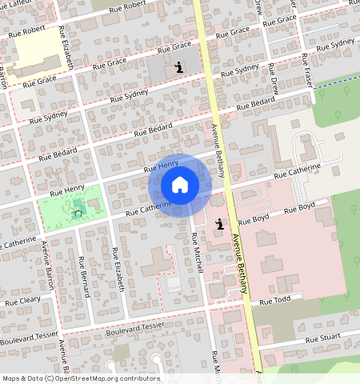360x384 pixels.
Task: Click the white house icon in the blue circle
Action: (x=180, y=185)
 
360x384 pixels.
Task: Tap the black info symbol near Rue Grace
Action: (x=178, y=67)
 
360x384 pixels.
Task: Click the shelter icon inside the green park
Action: (x=78, y=212)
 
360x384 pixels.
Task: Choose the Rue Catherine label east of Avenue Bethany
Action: (x=297, y=170)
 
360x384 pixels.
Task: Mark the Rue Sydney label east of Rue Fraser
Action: (x=342, y=42)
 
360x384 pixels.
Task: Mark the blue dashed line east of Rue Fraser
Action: (x=336, y=81)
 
